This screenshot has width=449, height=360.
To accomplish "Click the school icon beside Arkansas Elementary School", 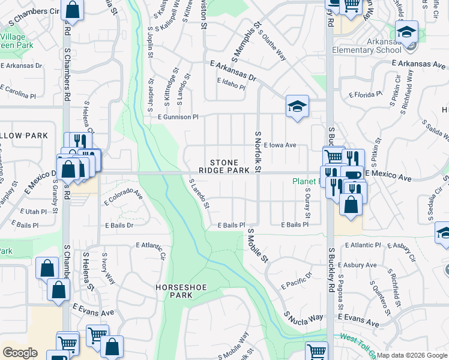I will pos(406,32).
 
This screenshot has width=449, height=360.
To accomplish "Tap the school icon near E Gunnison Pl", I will pos(297,107).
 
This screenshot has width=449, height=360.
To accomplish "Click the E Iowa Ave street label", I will pos(279,145).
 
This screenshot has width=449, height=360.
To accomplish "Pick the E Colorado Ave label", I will pos(124,196).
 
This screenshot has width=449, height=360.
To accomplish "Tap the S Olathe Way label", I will pos(272,45).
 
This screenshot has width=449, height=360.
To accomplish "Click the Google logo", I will pos(20,353).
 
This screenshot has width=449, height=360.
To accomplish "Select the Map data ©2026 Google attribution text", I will pos(412,355).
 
